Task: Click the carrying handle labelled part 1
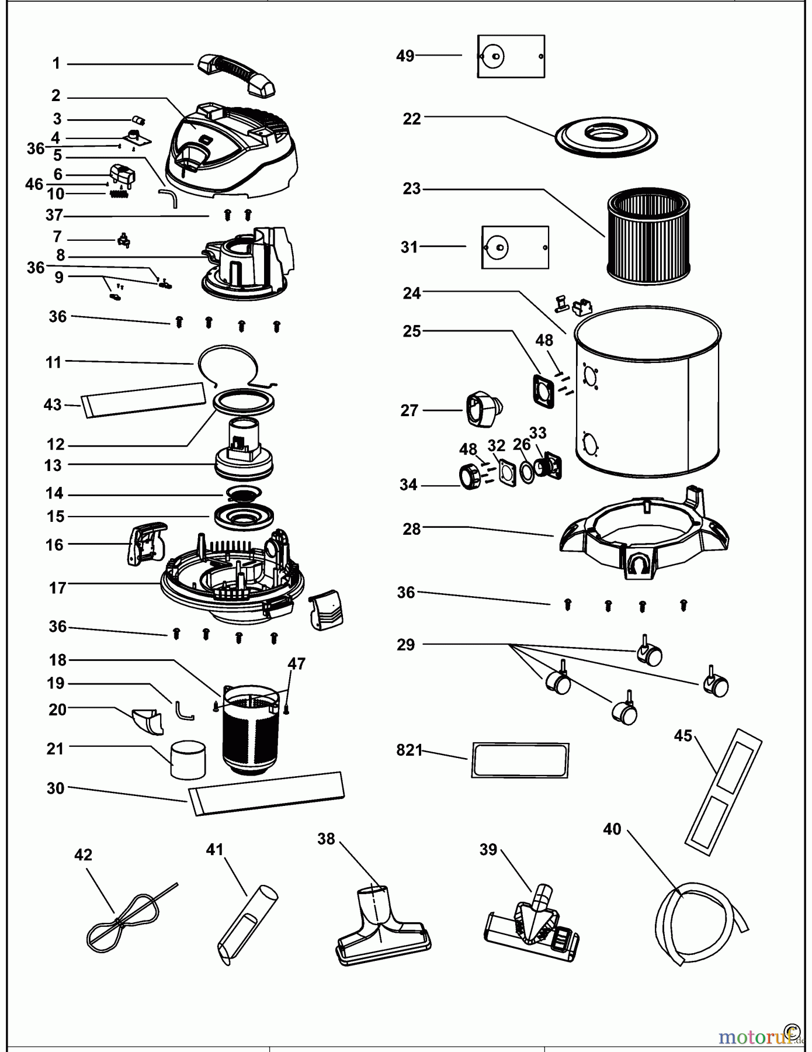[237, 74]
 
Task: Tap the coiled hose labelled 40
[698, 923]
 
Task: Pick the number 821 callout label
[409, 750]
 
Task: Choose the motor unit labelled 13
[244, 454]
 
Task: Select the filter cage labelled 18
[251, 731]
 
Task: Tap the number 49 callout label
[405, 56]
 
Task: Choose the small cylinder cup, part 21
[188, 759]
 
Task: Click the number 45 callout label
[683, 735]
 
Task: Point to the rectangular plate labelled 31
[515, 248]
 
